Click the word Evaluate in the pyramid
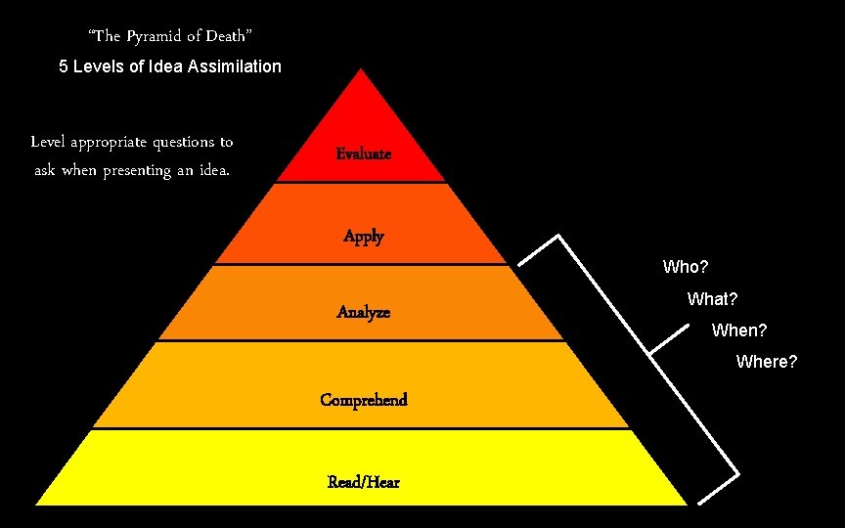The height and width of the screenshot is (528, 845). pos(363,154)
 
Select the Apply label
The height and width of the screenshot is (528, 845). pos(364,237)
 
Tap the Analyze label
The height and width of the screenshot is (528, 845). pos(363,312)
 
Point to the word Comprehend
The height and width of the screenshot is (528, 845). pos(364,400)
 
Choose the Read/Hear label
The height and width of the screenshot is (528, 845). pos(364,482)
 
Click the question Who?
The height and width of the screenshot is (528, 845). pos(686,267)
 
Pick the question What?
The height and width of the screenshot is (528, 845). pos(712,299)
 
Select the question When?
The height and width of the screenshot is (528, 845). pos(739,330)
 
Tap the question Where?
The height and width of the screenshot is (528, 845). pos(767,363)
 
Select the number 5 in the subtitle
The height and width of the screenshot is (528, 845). pos(64,67)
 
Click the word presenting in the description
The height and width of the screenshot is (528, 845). pos(150,170)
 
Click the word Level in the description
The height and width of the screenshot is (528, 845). pos(47,142)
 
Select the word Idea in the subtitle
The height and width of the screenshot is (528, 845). pos(161,67)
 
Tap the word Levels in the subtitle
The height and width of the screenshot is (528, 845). pos(98,67)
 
